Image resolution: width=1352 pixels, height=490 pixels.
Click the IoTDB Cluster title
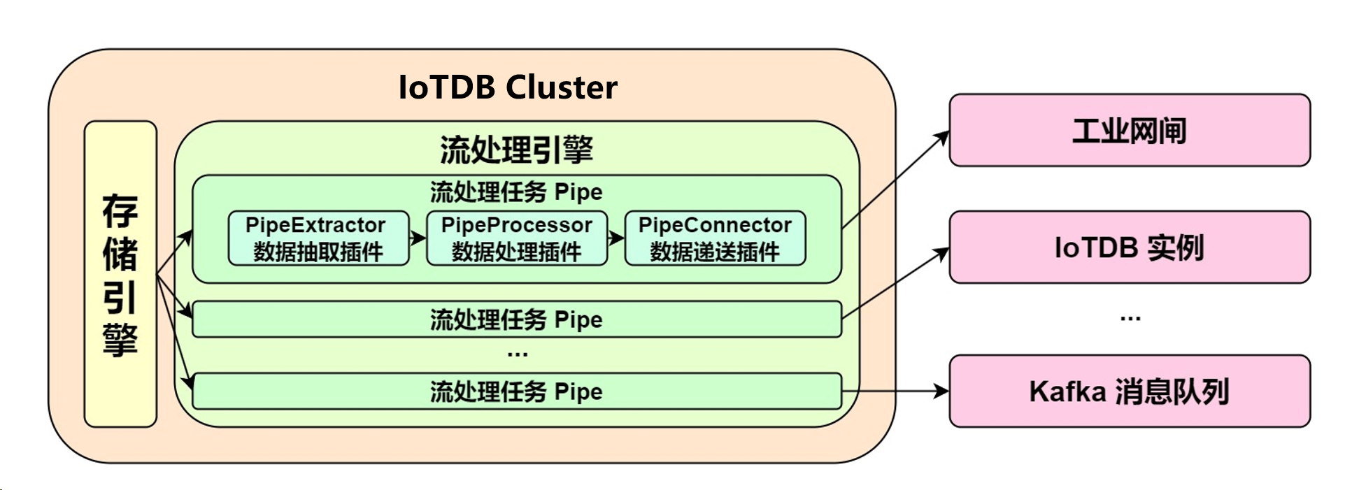point(507,87)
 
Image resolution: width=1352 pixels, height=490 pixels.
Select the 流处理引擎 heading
point(516,150)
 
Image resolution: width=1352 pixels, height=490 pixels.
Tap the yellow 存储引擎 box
point(120,274)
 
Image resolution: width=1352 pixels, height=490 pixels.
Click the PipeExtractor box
point(318,238)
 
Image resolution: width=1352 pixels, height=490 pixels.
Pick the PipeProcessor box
point(516,238)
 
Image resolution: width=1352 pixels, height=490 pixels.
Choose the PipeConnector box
point(714,238)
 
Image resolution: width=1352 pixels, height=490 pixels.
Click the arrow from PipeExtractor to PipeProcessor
point(418,238)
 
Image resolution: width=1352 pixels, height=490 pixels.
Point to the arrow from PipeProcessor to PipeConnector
point(615,238)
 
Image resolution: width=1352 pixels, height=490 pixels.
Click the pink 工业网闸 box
point(1129,131)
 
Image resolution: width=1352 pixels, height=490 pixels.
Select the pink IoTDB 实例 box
point(1129,247)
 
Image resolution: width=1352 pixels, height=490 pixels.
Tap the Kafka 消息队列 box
point(1129,391)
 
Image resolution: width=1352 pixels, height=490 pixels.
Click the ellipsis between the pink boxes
point(1130,319)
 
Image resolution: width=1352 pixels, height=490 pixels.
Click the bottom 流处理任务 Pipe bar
point(516,391)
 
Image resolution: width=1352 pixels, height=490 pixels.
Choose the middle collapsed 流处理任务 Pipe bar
point(516,319)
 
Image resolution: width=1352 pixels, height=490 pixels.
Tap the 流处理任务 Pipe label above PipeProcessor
point(516,192)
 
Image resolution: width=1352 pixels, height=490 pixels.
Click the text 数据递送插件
point(714,252)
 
